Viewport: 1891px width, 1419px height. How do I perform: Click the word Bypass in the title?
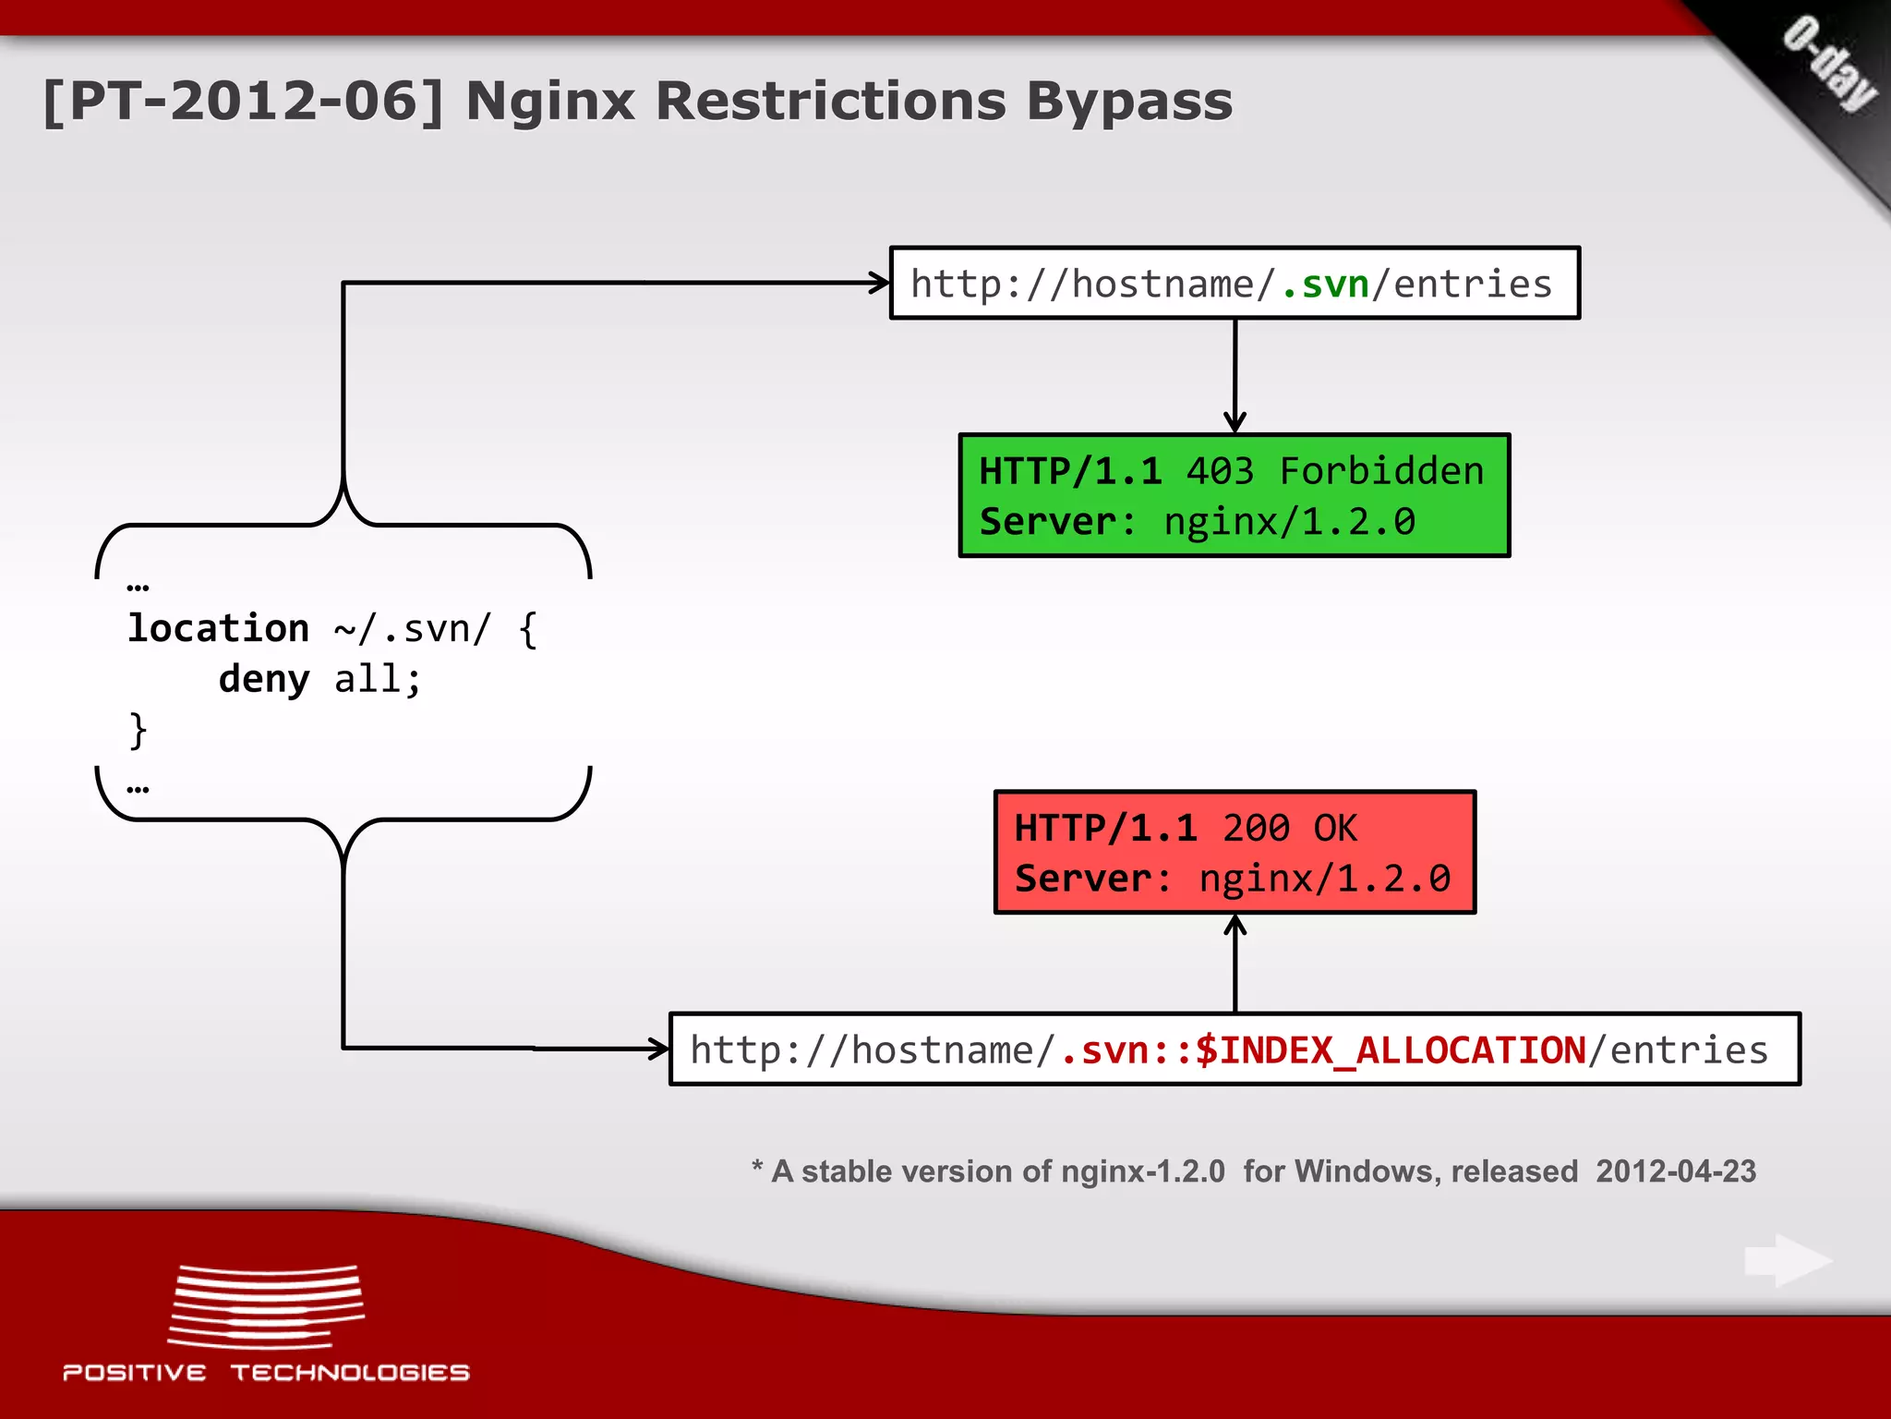tap(1128, 102)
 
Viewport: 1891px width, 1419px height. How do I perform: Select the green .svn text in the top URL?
tap(1325, 285)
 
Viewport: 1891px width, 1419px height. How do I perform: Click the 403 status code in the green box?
tap(1220, 471)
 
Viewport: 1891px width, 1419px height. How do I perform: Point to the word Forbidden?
tap(1381, 471)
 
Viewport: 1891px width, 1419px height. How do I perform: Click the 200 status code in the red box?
tap(1256, 828)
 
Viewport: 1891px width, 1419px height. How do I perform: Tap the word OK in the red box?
tap(1335, 828)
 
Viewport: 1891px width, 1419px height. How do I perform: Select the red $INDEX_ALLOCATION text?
tap(1390, 1050)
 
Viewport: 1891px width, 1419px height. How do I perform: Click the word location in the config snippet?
tap(218, 628)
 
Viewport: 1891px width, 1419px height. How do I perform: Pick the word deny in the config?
tap(264, 679)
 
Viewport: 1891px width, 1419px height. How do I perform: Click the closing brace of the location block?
tap(138, 730)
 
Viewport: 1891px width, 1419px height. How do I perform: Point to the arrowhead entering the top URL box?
tap(879, 283)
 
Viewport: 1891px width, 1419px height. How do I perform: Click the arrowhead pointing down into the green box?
tap(1235, 423)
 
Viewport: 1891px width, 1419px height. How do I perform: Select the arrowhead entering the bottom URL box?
tap(658, 1049)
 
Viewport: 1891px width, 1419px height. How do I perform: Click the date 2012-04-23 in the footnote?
tap(1675, 1171)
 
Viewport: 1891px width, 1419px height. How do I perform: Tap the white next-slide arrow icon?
tap(1788, 1260)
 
